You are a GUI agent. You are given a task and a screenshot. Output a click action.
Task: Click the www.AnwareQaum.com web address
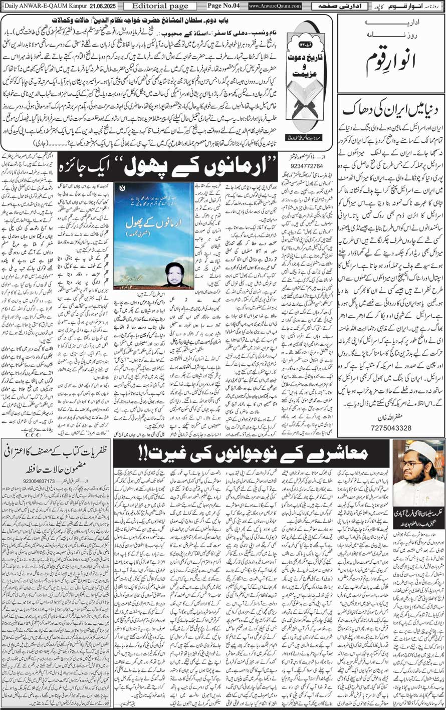(x=275, y=6)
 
